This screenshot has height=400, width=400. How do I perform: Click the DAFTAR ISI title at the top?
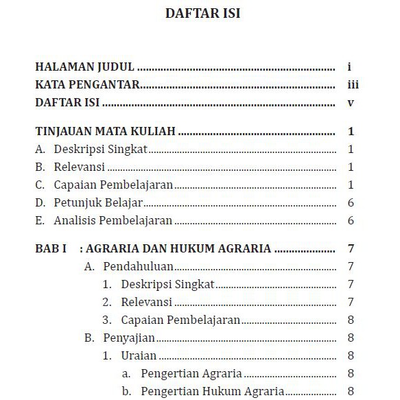(x=202, y=14)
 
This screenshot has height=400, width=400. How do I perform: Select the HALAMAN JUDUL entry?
(x=84, y=68)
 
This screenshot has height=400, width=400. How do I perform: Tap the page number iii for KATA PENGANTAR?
(x=353, y=86)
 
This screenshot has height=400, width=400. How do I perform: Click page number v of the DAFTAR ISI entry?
(x=350, y=103)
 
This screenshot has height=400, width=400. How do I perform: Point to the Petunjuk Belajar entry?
(x=98, y=202)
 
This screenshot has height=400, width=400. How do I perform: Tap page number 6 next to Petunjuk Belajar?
(x=351, y=202)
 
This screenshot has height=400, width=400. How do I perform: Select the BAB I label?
(x=50, y=248)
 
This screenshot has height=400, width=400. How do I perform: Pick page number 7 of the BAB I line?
(x=351, y=248)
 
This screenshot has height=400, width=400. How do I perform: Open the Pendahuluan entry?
(x=138, y=266)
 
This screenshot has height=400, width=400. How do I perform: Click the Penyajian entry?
(x=129, y=338)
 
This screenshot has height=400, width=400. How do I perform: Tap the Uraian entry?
(x=139, y=355)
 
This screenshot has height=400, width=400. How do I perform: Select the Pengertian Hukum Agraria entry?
(x=213, y=391)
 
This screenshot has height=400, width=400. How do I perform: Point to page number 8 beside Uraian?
(x=351, y=355)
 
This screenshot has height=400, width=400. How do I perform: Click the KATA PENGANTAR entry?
(x=88, y=86)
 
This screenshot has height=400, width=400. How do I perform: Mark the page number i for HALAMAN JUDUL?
(x=349, y=68)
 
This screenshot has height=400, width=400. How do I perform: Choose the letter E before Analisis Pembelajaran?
(x=39, y=220)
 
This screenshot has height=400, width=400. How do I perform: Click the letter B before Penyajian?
(x=88, y=338)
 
